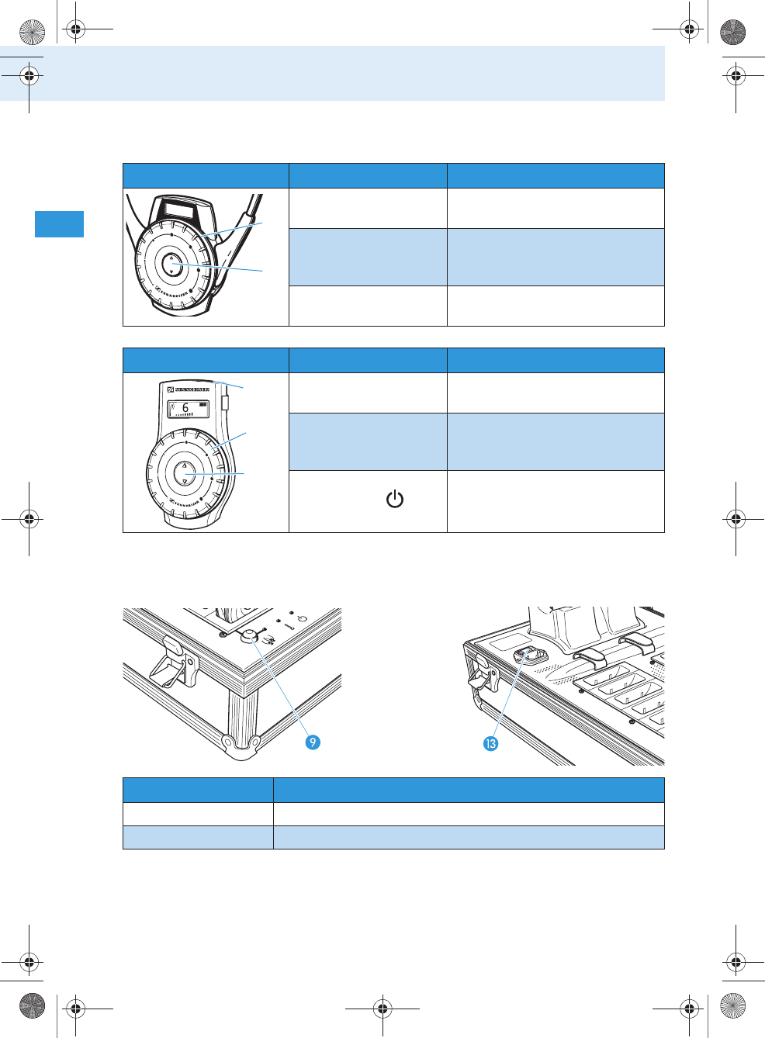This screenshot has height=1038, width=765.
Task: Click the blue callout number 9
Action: (x=313, y=742)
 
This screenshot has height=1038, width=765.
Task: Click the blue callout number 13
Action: (x=490, y=743)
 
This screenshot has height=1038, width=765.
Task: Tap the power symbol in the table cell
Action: (x=395, y=499)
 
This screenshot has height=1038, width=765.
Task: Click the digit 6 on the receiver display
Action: (x=185, y=407)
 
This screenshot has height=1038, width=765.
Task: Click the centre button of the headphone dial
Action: (x=171, y=265)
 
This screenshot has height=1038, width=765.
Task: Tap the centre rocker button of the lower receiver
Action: (x=184, y=472)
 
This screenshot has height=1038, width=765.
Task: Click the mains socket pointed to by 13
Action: (x=527, y=656)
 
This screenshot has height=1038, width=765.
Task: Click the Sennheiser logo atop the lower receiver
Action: (x=189, y=389)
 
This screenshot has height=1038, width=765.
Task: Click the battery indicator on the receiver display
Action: (x=203, y=404)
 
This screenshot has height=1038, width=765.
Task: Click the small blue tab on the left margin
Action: (x=59, y=223)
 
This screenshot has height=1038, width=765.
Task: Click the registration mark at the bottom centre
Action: (x=382, y=1009)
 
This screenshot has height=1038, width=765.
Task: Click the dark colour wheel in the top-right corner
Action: (x=732, y=32)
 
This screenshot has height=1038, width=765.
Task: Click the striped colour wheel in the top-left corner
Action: (x=32, y=32)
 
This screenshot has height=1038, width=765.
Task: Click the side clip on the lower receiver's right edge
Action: (x=225, y=402)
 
